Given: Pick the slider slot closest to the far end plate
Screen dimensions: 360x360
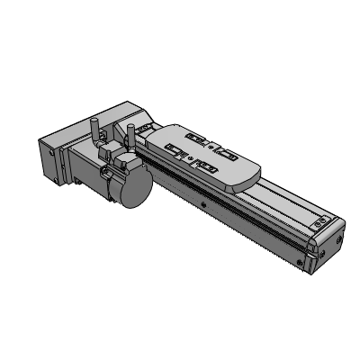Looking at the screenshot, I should pos(223,154).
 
